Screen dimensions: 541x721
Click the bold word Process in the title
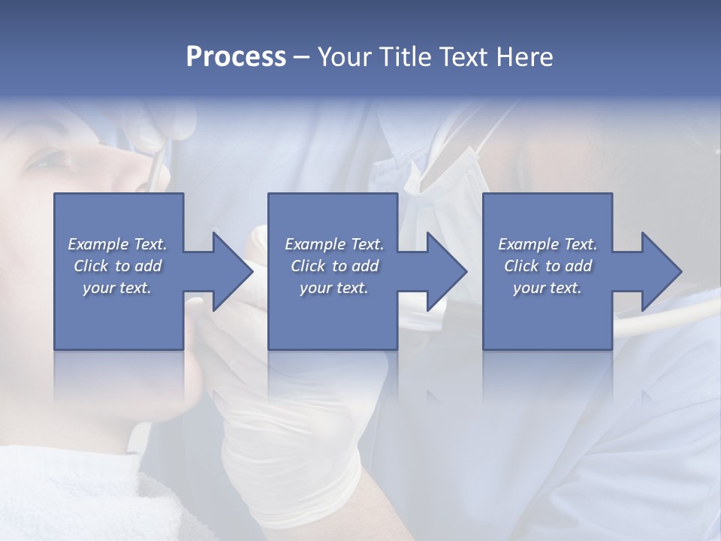(x=236, y=56)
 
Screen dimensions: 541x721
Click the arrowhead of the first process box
(x=233, y=271)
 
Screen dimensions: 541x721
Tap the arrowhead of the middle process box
(x=447, y=271)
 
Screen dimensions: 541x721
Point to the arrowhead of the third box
(x=661, y=271)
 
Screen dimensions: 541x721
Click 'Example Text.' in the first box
(x=117, y=244)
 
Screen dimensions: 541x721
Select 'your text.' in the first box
(x=117, y=288)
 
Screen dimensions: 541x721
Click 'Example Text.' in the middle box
(x=334, y=244)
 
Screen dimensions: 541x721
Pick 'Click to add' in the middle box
(x=334, y=266)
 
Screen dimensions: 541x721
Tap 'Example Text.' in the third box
(x=548, y=244)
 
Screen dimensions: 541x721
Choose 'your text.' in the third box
(x=548, y=288)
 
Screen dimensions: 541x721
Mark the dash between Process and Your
(x=302, y=57)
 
